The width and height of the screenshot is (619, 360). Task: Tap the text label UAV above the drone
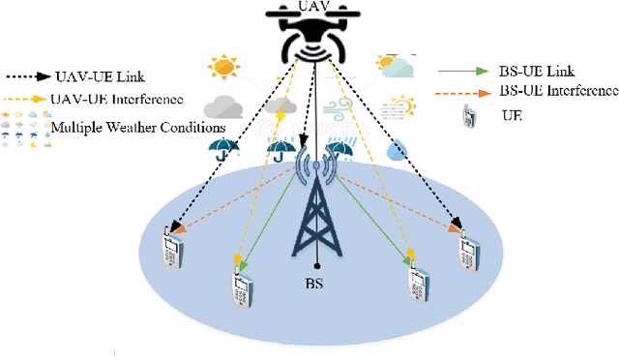(309, 7)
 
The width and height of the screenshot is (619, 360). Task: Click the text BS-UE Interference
(557, 91)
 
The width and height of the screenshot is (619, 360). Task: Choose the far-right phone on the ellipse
(469, 249)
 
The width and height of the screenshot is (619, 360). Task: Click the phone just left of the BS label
(240, 285)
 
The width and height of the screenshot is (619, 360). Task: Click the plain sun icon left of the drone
(223, 68)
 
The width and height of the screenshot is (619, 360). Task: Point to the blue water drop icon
(398, 151)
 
